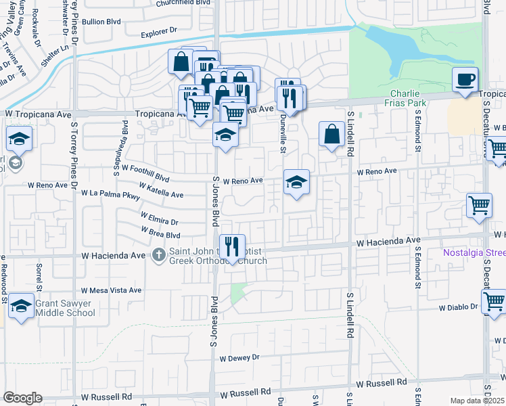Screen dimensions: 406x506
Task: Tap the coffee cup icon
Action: tap(465, 79)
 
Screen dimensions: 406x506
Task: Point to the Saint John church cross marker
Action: tap(158, 255)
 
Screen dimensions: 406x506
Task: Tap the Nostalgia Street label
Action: tap(474, 253)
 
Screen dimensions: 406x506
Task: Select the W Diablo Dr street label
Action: tap(457, 307)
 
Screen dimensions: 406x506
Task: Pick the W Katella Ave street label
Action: tap(161, 189)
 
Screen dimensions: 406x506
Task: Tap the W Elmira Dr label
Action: tap(159, 218)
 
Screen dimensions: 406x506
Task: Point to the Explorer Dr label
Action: tap(158, 31)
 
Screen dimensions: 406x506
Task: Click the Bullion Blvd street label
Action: tap(101, 21)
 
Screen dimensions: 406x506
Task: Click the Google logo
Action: tap(22, 397)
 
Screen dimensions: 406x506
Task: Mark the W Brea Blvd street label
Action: tap(160, 232)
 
